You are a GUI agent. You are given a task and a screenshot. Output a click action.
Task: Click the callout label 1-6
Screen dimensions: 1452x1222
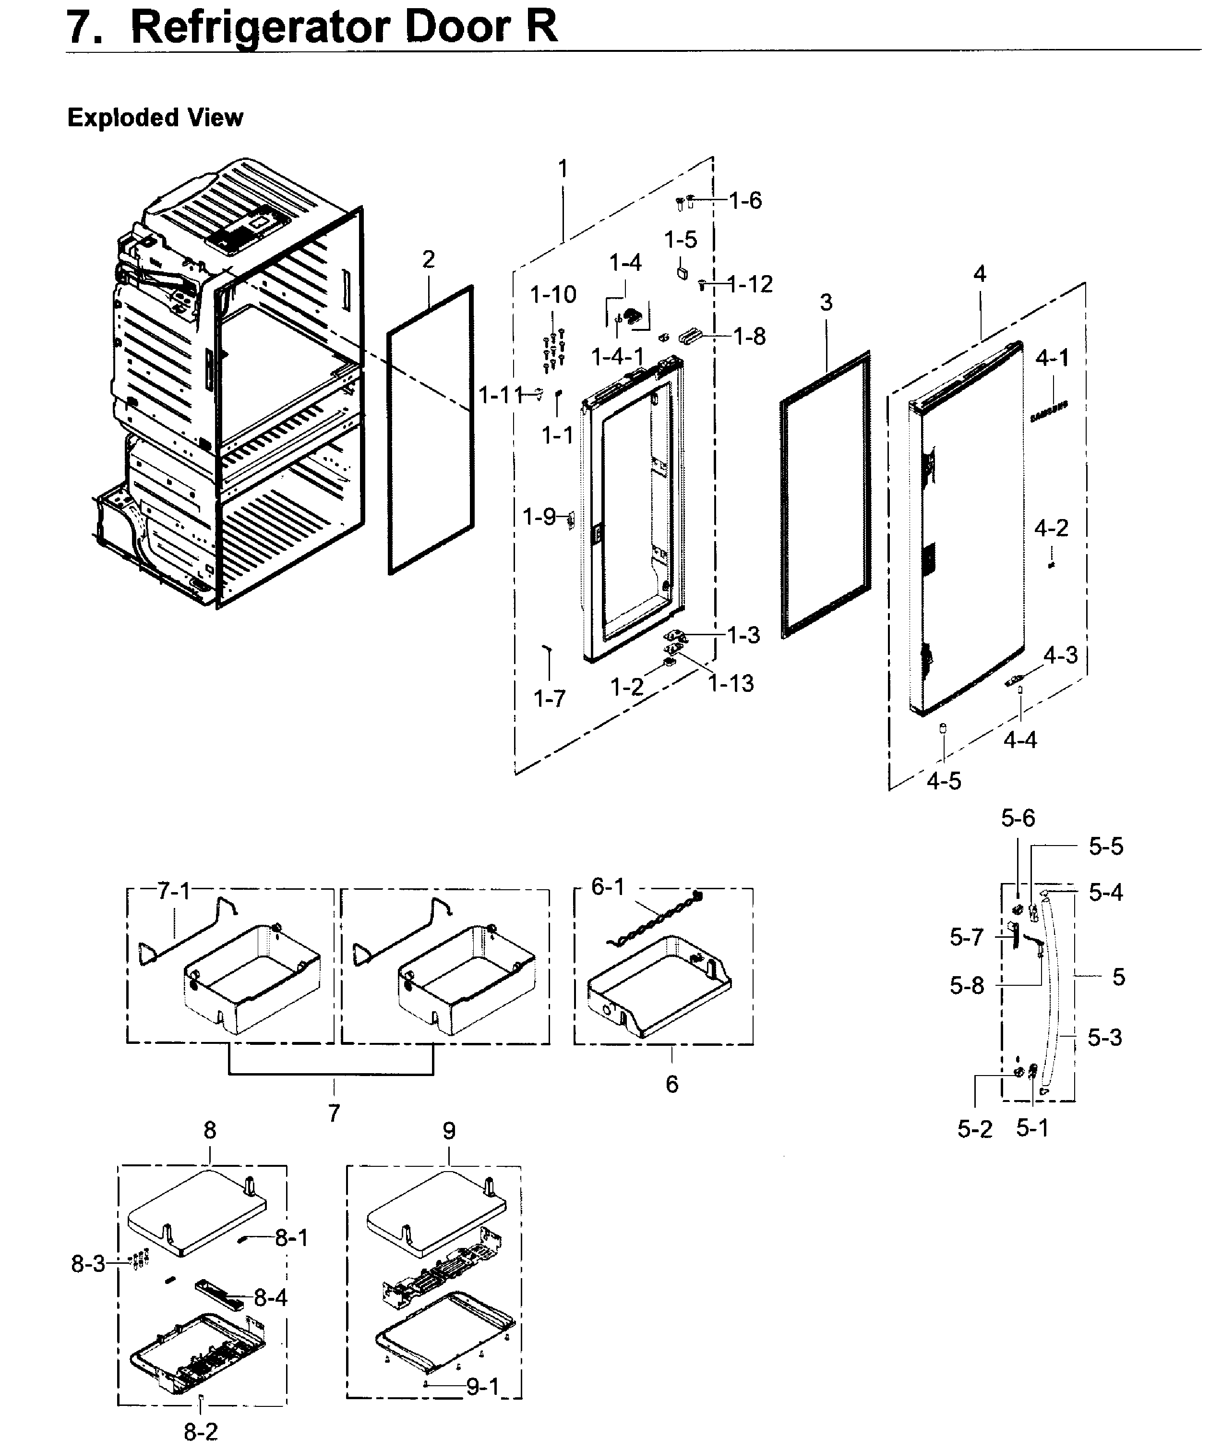pos(745,201)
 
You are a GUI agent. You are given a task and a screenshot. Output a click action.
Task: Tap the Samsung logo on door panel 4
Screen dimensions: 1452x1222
pos(1049,411)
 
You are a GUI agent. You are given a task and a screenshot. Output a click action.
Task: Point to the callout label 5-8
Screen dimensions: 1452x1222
pos(966,986)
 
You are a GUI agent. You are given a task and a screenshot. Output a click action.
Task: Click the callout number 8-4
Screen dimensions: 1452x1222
pos(270,1297)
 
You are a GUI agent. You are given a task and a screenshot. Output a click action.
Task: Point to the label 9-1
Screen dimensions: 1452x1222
pos(482,1387)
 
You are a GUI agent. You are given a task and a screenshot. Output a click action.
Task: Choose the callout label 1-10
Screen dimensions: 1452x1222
pos(553,295)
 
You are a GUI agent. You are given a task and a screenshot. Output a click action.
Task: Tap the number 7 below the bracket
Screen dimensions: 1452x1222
pos(334,1113)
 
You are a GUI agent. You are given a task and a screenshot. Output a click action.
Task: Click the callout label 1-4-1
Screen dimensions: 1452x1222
pos(617,357)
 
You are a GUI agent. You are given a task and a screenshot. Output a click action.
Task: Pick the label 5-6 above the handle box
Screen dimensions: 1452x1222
pos(1018,819)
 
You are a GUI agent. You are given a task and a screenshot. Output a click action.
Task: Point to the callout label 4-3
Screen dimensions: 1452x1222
pos(1060,655)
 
